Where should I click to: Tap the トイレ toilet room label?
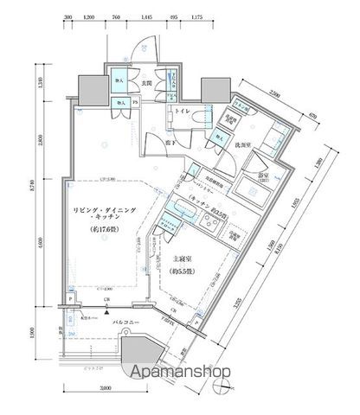(183, 112)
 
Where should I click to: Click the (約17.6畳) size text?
(105, 230)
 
